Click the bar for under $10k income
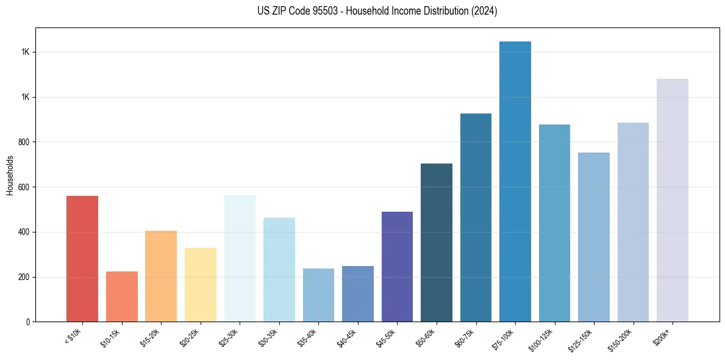(x=82, y=259)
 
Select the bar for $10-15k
(x=121, y=297)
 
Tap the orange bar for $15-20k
(x=161, y=276)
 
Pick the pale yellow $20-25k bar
(x=200, y=284)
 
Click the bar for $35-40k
(x=318, y=295)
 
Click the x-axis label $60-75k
(x=466, y=337)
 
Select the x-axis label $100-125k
(x=544, y=339)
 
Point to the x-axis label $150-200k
(x=623, y=339)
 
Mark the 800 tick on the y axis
(x=24, y=142)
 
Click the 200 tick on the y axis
(x=24, y=277)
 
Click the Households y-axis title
(x=10, y=175)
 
